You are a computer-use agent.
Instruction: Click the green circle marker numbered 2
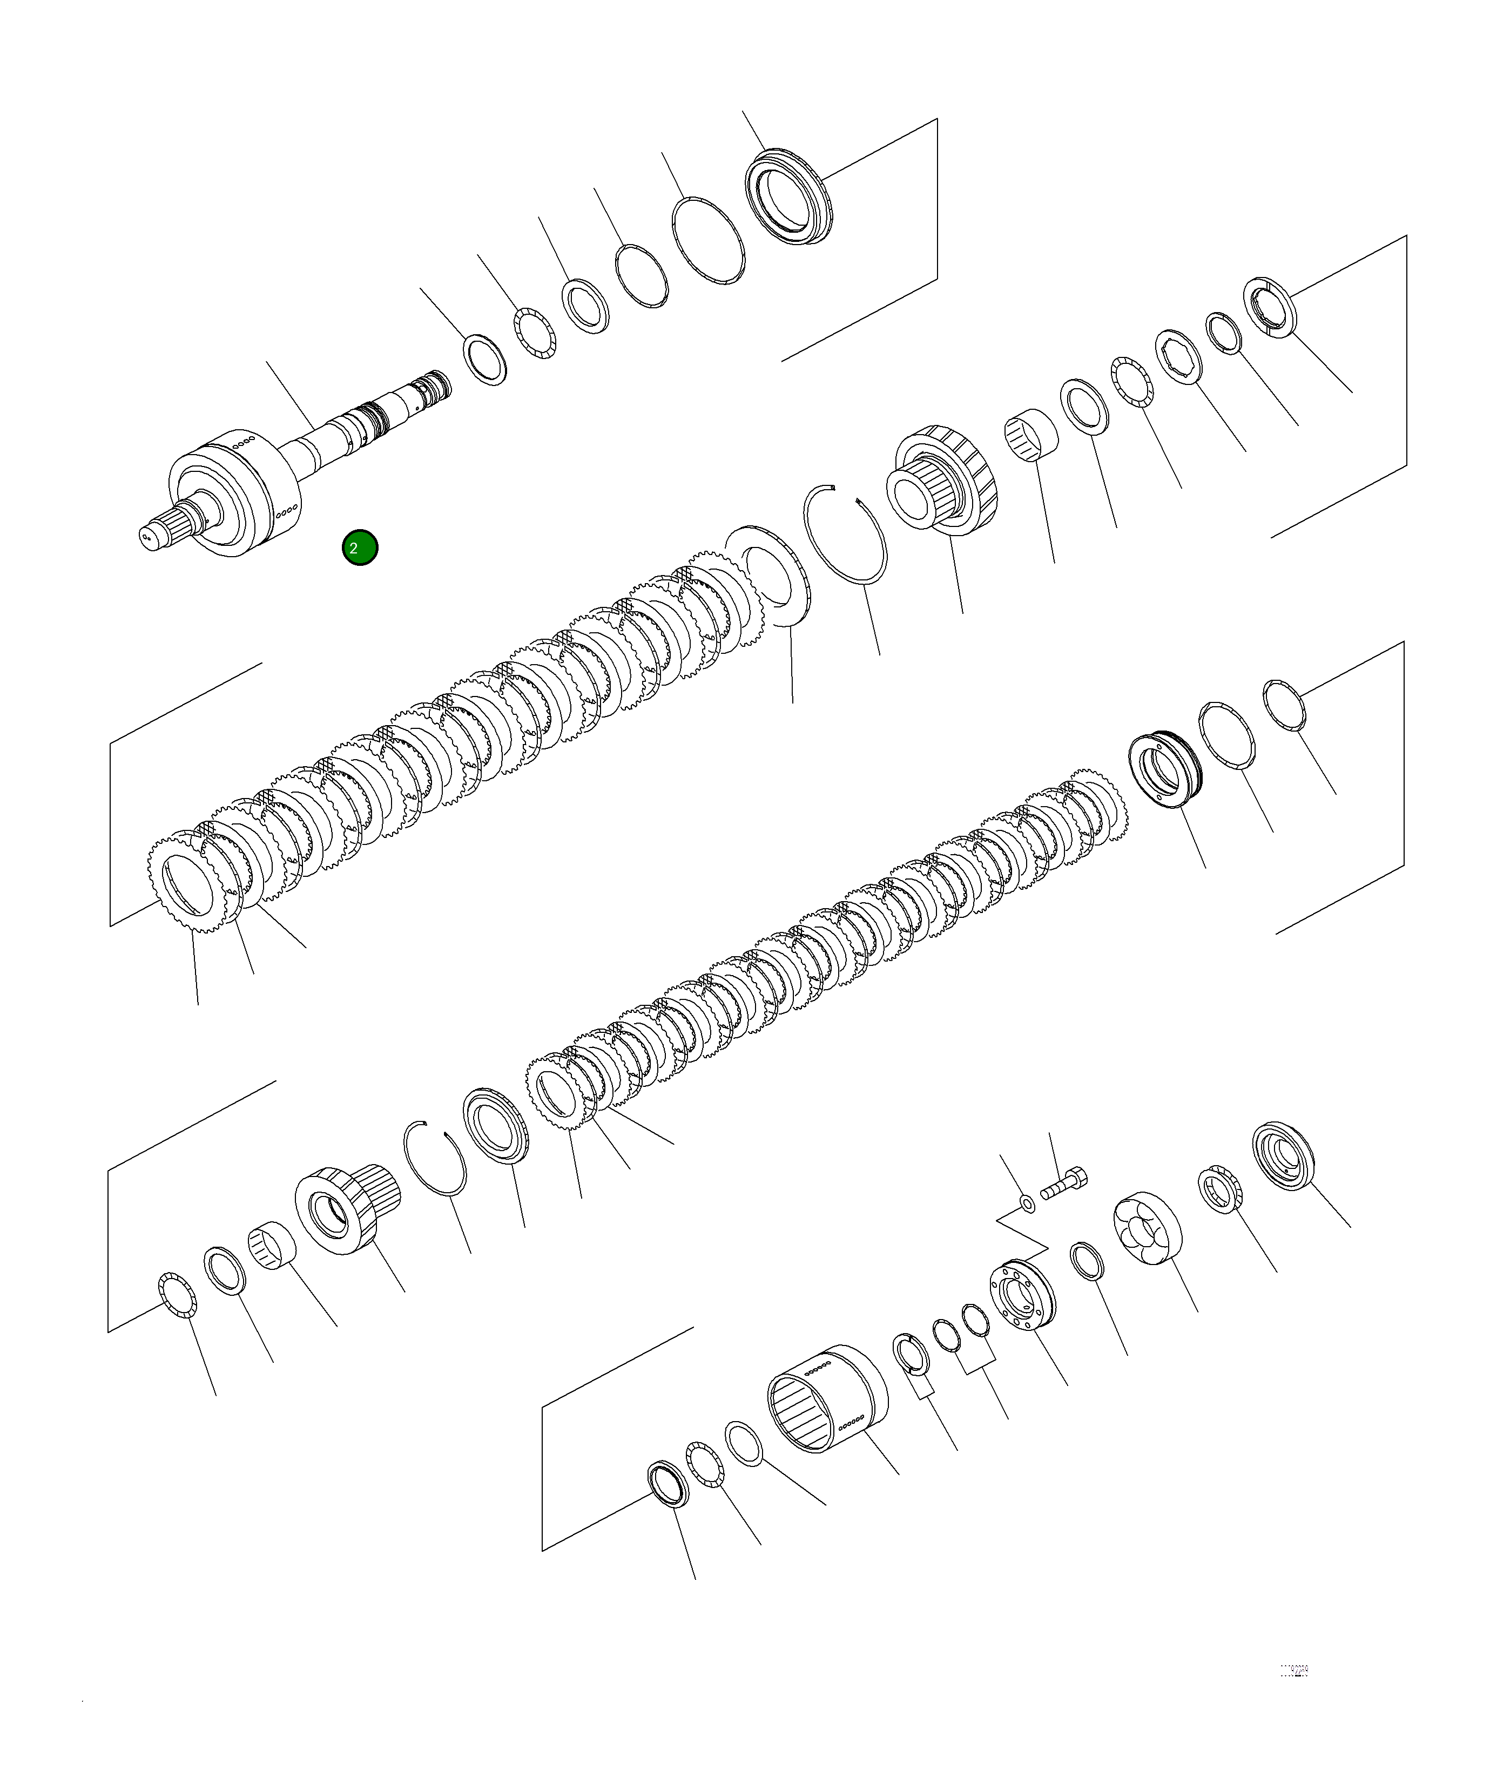click(360, 547)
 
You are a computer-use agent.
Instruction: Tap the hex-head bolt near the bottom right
click(1064, 1183)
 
